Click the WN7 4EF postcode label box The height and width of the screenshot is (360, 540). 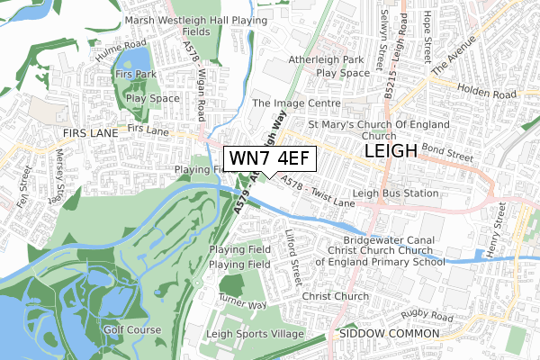coord(269,158)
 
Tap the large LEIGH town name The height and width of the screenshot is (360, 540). coord(391,150)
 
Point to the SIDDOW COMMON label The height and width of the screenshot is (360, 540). coord(390,333)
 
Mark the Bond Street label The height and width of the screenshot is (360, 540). coord(446,156)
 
